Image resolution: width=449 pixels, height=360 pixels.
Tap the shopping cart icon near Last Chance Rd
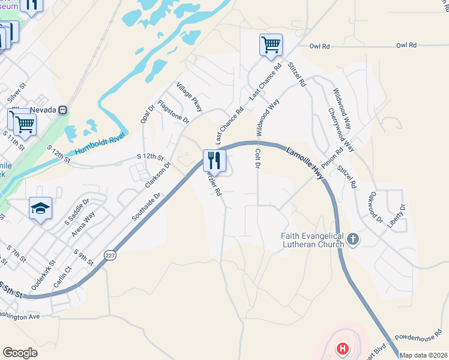click(x=271, y=44)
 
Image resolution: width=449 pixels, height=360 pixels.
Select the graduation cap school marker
click(x=40, y=208)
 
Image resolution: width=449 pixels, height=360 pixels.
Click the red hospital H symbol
click(x=342, y=348)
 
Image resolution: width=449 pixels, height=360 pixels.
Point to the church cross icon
click(x=353, y=240)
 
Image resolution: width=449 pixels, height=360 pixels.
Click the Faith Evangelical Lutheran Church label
click(x=312, y=240)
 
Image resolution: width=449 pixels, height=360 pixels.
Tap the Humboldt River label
click(x=99, y=143)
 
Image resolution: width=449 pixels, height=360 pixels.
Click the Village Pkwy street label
click(x=190, y=97)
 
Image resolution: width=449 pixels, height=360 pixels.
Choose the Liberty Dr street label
click(x=397, y=215)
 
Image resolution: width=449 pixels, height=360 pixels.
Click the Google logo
click(x=20, y=353)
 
